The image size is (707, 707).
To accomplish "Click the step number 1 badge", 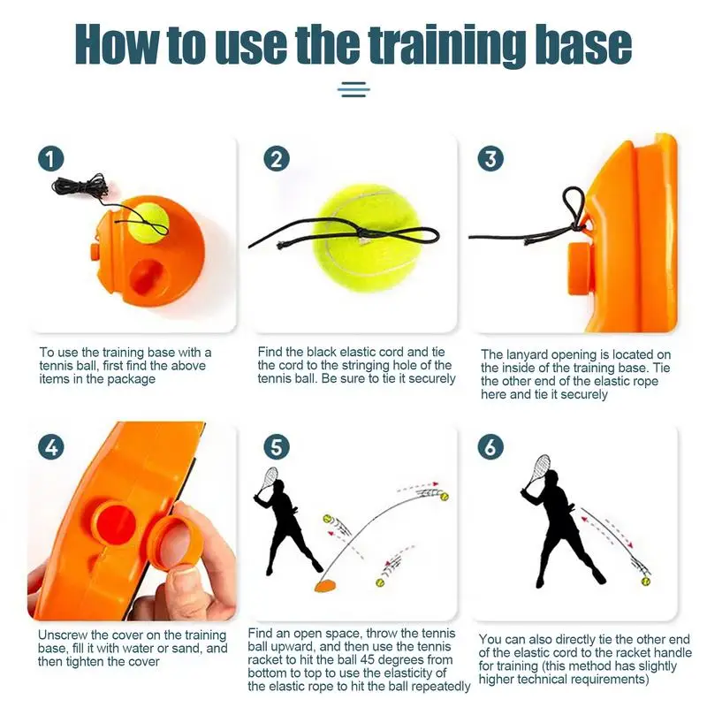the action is [50, 159].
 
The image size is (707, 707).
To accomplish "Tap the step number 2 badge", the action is [276, 159].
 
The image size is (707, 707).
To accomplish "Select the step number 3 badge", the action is [490, 159].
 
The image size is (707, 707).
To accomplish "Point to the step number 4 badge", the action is [51, 447].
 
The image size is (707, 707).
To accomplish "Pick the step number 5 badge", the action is [277, 447].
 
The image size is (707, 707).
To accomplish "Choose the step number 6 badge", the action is [490, 447].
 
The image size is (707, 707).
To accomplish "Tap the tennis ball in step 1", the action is [148, 221].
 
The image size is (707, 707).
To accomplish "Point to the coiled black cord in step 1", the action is [80, 187].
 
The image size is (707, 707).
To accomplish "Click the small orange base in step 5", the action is [325, 586].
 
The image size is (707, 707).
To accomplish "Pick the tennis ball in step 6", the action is [646, 582].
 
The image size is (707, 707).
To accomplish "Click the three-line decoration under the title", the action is [353, 89].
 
